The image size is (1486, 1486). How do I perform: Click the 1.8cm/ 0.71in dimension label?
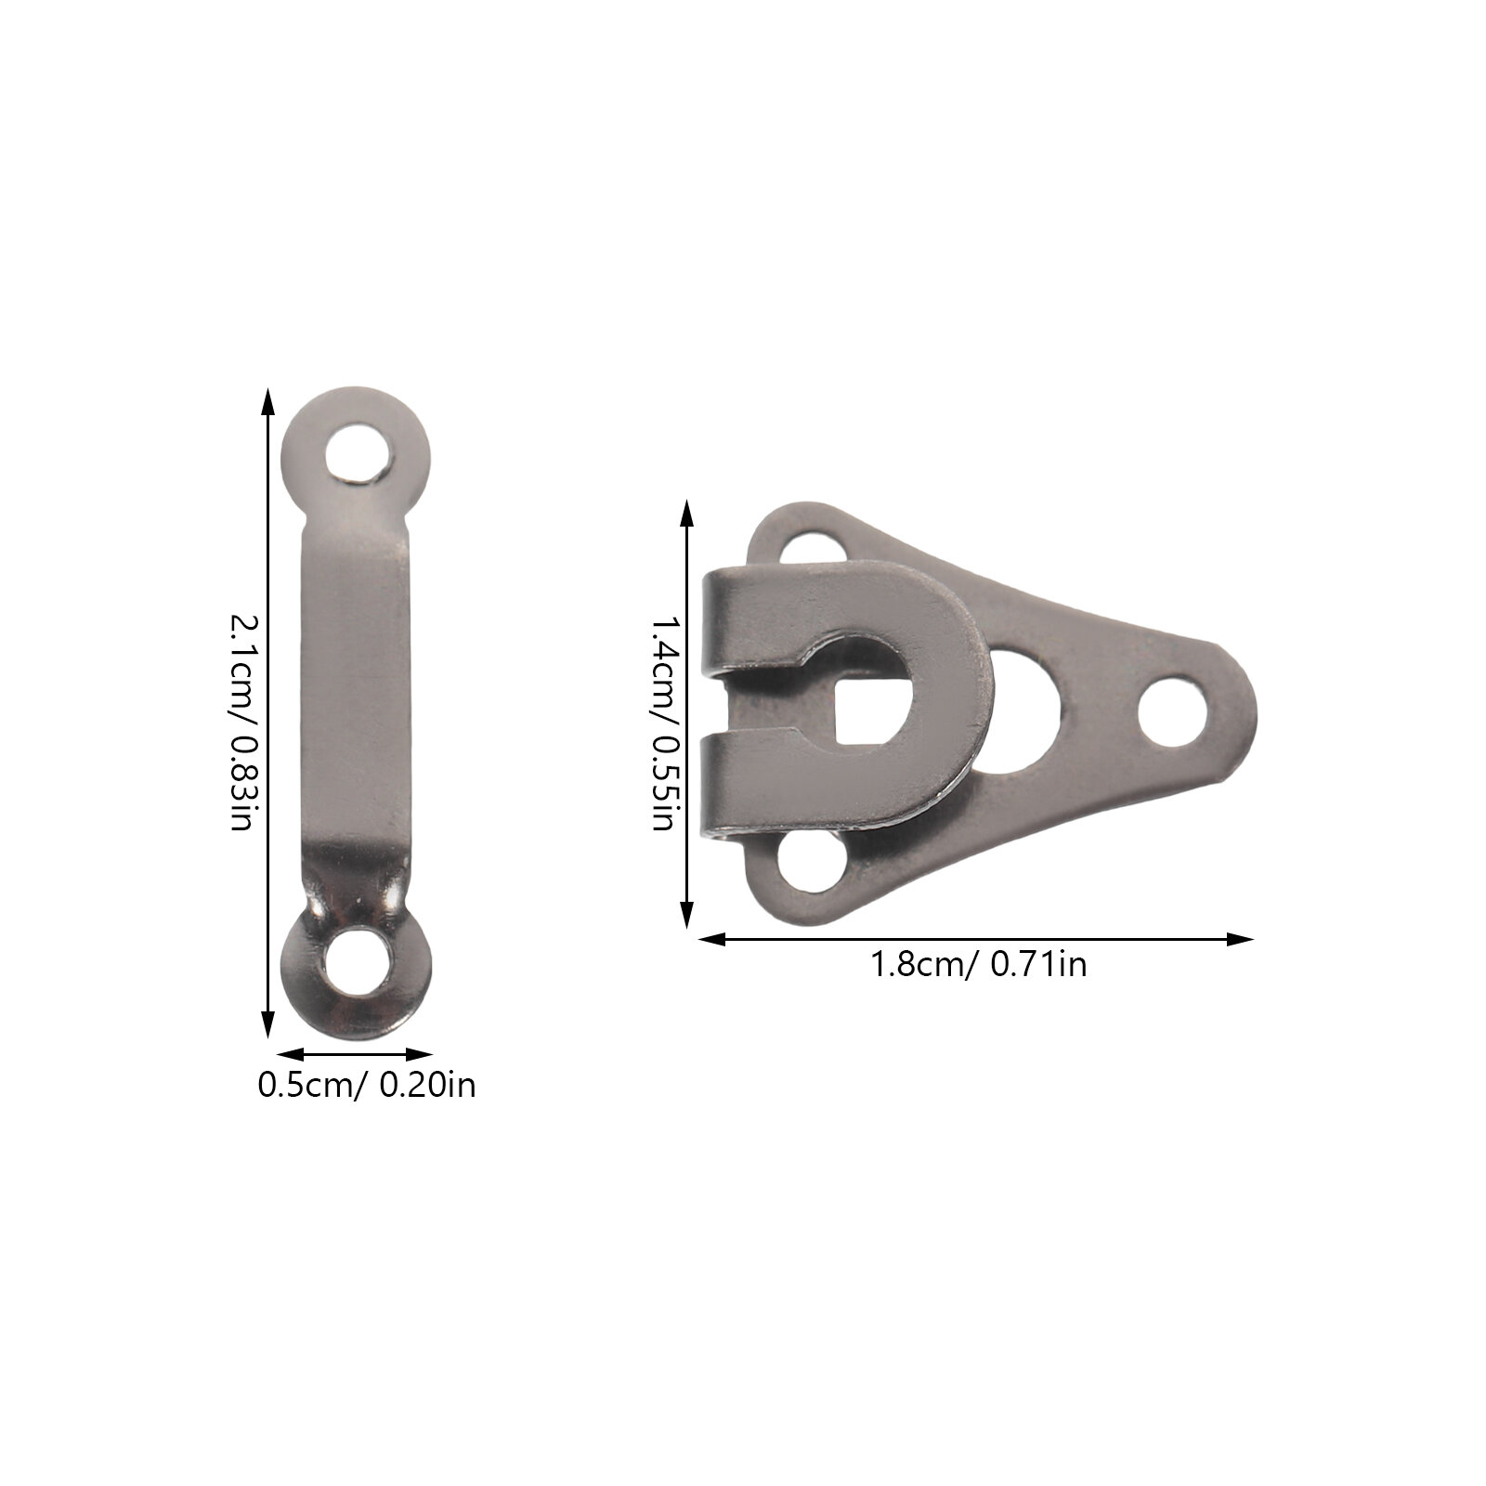click(978, 964)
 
